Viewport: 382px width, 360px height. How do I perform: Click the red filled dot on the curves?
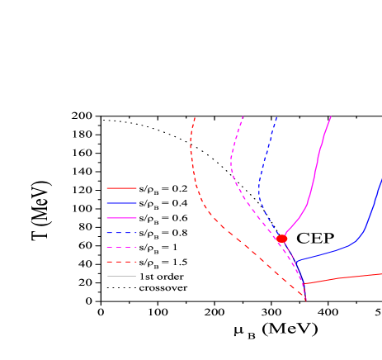[281, 239]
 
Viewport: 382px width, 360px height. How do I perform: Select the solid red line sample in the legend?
[121, 188]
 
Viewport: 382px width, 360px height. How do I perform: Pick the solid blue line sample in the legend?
[121, 203]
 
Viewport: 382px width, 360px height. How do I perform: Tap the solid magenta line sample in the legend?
[121, 218]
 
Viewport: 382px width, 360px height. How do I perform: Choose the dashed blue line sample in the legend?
[121, 233]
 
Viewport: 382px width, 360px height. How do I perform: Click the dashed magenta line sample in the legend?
[121, 247]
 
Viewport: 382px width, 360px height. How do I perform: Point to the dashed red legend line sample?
[121, 262]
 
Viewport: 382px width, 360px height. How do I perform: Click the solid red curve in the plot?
[347, 277]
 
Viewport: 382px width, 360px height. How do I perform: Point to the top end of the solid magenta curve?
[331, 116]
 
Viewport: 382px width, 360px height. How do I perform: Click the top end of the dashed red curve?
[195, 117]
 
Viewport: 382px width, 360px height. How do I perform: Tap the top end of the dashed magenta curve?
[243, 116]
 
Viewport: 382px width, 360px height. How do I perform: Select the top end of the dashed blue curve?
[276, 116]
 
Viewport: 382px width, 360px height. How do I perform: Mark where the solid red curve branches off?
[304, 284]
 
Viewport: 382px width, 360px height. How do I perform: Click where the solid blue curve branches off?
[294, 261]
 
